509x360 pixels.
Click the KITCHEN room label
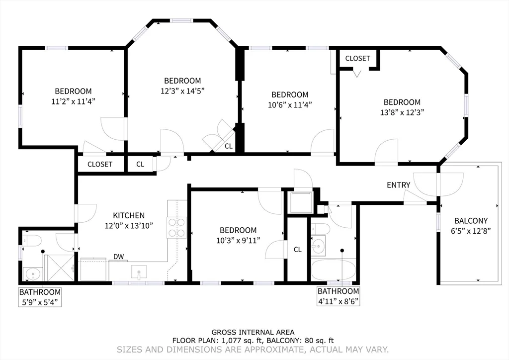coord(129,215)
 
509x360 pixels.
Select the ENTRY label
coord(399,185)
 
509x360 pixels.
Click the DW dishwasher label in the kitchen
coord(118,257)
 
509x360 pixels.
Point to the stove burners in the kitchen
coord(176,227)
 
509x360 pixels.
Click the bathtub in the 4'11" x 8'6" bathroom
coord(333,270)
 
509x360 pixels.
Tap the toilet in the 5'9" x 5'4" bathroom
coord(32,241)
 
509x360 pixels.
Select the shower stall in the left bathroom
coord(59,268)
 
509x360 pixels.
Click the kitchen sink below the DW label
coord(139,271)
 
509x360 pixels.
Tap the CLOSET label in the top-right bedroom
coord(357,58)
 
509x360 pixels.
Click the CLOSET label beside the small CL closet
coord(99,164)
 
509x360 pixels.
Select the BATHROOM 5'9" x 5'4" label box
coord(40,297)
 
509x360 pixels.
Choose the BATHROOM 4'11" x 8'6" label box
coord(338,296)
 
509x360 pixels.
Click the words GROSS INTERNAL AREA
coord(253,332)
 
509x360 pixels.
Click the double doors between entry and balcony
coord(438,183)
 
